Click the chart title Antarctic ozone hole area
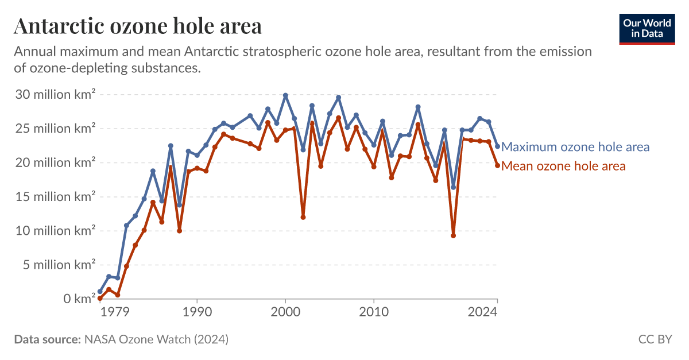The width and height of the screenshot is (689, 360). click(138, 26)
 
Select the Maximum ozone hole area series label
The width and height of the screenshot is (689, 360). click(575, 147)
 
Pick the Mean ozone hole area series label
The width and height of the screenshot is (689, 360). click(563, 167)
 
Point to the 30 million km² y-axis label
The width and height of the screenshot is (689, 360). click(55, 95)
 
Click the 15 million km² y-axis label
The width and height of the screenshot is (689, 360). click(55, 197)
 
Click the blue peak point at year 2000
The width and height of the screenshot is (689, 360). click(285, 95)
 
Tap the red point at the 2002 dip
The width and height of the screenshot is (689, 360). click(303, 217)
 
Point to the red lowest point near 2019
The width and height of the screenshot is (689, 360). click(454, 235)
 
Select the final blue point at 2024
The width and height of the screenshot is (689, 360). click(497, 146)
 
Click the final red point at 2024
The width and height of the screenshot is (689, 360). click(497, 165)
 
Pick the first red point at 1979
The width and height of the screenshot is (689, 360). click(100, 299)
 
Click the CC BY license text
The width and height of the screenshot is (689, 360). click(655, 339)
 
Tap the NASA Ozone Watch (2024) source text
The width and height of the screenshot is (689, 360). click(156, 339)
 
